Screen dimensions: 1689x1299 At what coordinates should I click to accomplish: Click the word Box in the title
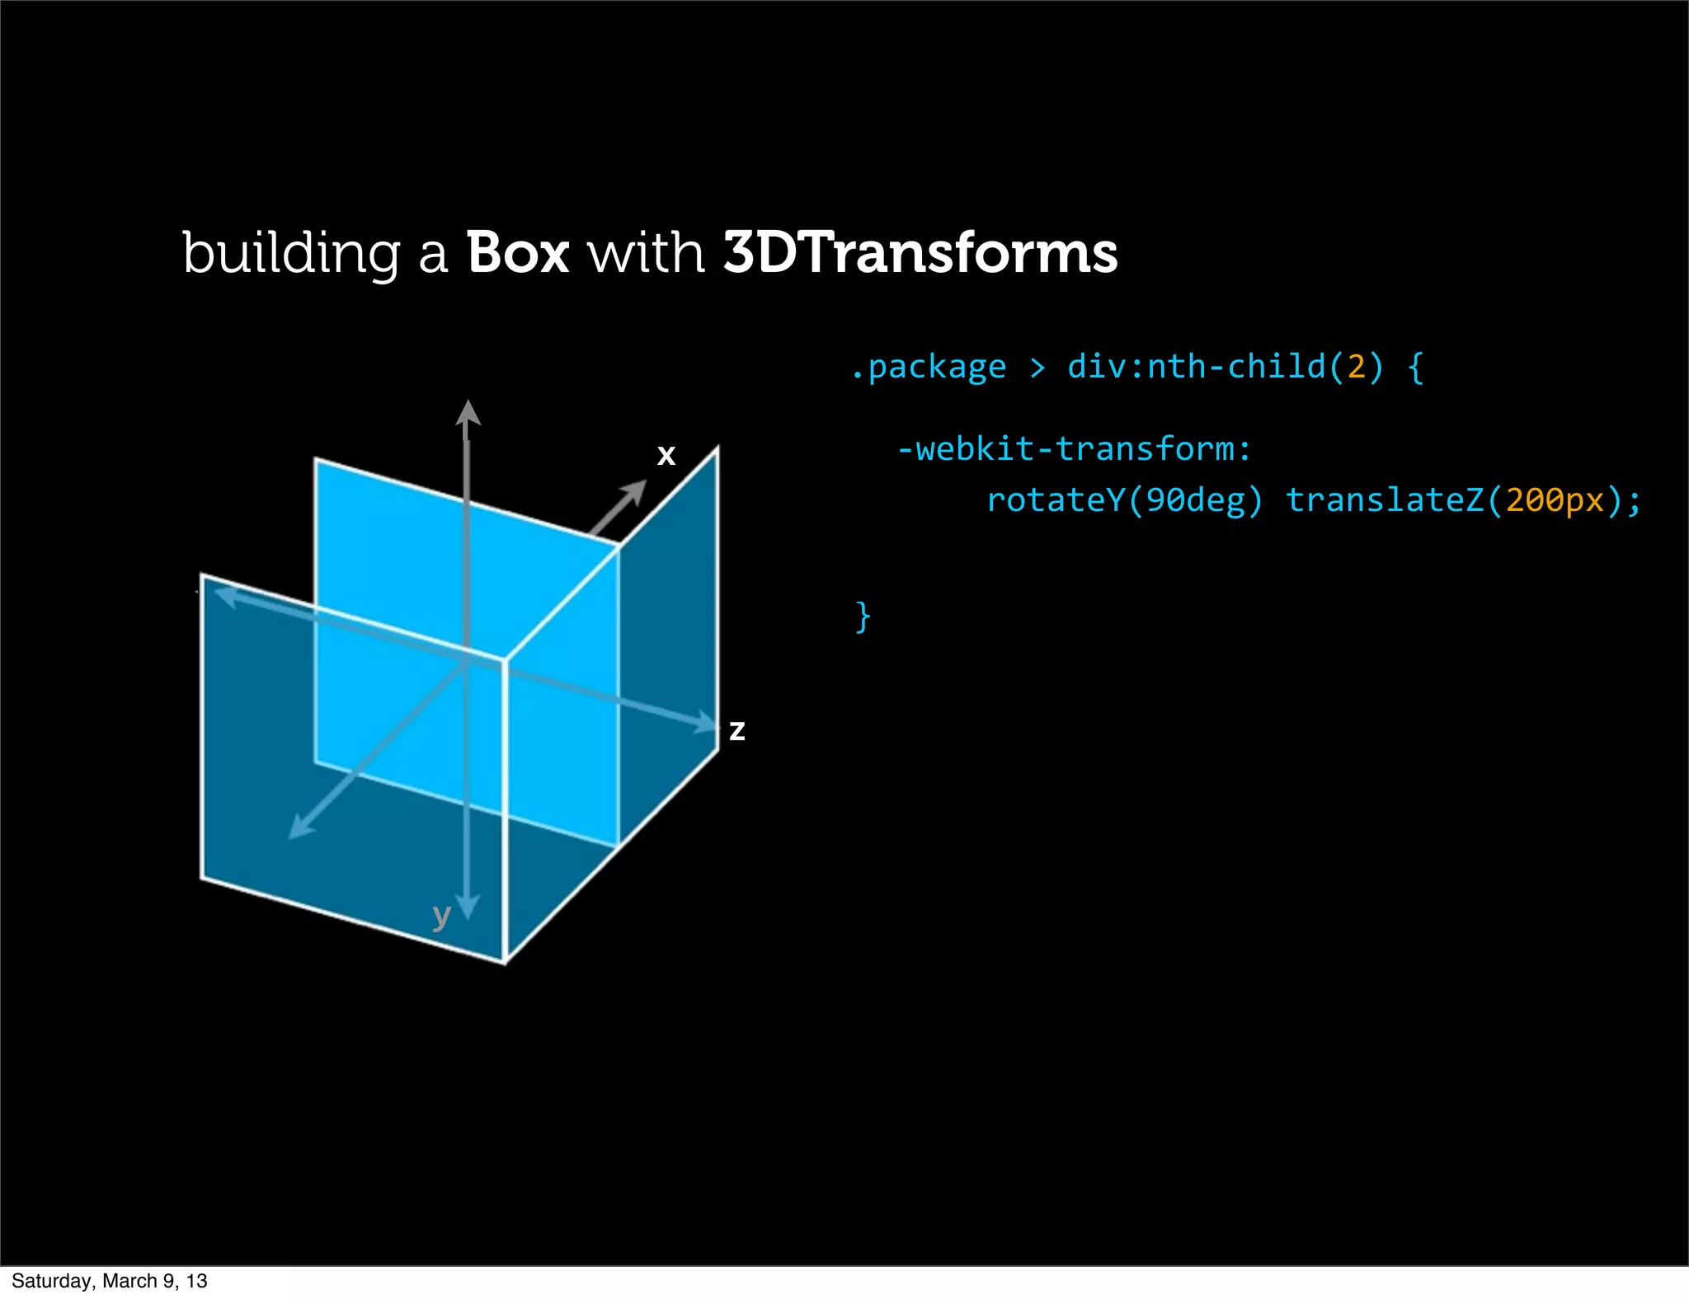[x=518, y=253]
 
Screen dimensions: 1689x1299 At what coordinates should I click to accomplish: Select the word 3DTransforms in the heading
[x=920, y=253]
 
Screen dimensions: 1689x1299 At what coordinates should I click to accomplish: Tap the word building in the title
[x=291, y=255]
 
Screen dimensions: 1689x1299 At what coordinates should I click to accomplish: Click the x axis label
[x=666, y=455]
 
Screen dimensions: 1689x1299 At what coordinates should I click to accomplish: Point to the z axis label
[x=736, y=730]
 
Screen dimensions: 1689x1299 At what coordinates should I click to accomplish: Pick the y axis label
[x=442, y=915]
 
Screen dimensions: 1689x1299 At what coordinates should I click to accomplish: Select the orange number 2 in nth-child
[x=1357, y=367]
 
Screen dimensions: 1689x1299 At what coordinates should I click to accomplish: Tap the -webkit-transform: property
[x=1074, y=449]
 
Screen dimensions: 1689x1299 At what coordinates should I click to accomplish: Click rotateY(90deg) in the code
[x=1124, y=500]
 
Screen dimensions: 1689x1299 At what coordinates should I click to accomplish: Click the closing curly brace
[x=863, y=616]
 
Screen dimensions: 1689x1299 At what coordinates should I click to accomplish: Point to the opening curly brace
[x=1416, y=367]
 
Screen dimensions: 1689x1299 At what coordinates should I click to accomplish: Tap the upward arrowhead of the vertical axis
[x=468, y=412]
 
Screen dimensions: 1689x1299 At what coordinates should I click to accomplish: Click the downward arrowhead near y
[x=468, y=907]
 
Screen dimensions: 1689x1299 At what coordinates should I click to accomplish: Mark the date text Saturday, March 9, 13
[x=110, y=1280]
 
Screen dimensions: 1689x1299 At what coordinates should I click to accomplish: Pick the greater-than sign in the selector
[x=1037, y=368]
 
